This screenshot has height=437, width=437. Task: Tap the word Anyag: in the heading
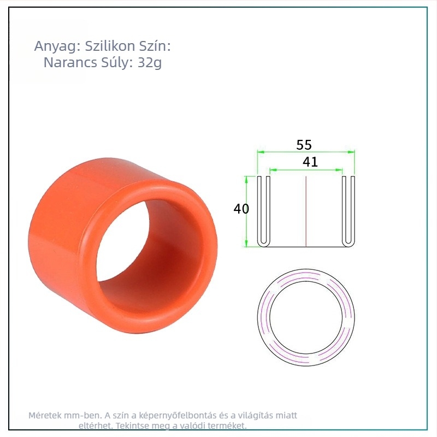(57, 46)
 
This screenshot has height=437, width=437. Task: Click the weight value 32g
(150, 63)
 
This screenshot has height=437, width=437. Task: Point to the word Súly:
(117, 62)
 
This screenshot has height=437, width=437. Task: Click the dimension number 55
(304, 145)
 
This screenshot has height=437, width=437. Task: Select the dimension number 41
(310, 162)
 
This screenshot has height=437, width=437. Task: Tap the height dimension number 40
(241, 209)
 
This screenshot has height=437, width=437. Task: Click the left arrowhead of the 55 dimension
(261, 152)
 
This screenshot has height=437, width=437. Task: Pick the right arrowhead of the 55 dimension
(351, 152)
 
